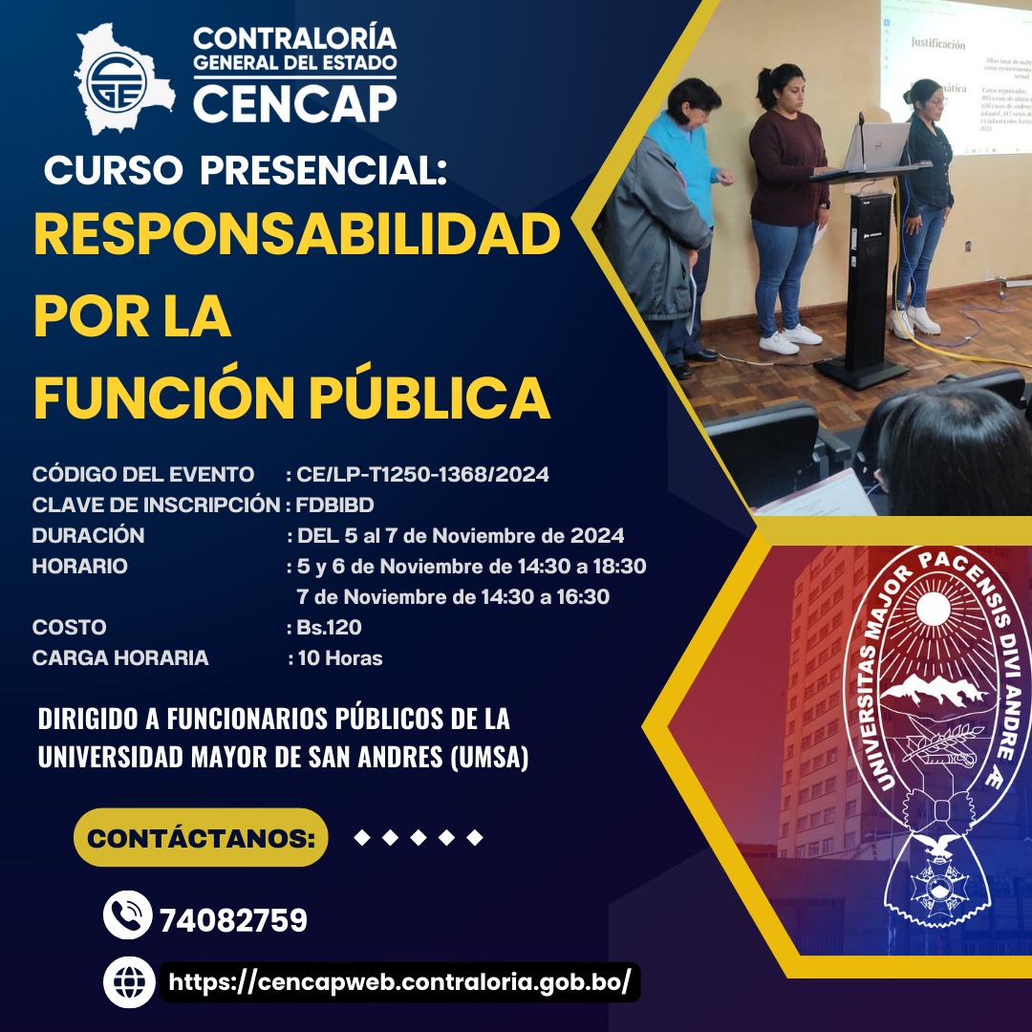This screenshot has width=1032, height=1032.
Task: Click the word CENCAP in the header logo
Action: click(294, 100)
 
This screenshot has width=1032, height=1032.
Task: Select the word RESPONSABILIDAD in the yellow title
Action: click(296, 234)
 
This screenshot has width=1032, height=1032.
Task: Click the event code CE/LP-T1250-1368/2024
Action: click(422, 474)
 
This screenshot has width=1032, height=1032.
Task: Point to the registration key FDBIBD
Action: click(335, 505)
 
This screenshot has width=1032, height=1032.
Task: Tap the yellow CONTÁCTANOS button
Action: click(201, 838)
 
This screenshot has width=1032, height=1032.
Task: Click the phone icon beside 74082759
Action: click(127, 914)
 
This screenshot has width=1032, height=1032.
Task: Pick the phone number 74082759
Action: click(233, 921)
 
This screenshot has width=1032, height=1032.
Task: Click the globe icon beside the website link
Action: click(128, 981)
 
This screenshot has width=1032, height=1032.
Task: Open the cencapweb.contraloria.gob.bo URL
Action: click(399, 982)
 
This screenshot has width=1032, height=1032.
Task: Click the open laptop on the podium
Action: click(874, 144)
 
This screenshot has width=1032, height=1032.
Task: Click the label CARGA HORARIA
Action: click(120, 658)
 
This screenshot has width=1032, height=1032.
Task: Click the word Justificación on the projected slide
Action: click(937, 44)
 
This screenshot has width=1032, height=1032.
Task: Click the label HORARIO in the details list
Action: click(79, 566)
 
